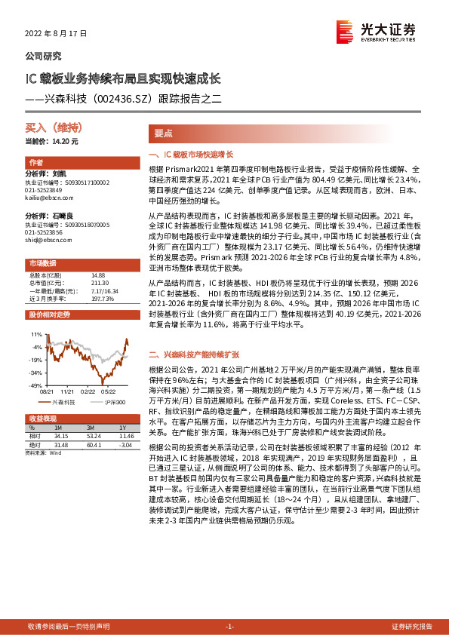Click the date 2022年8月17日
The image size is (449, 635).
pos(51,34)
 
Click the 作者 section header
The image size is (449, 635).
pos(35,162)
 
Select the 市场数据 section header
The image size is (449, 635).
pos(42,263)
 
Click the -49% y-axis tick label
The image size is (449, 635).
pos(36,385)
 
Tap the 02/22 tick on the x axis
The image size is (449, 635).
pos(88,391)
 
